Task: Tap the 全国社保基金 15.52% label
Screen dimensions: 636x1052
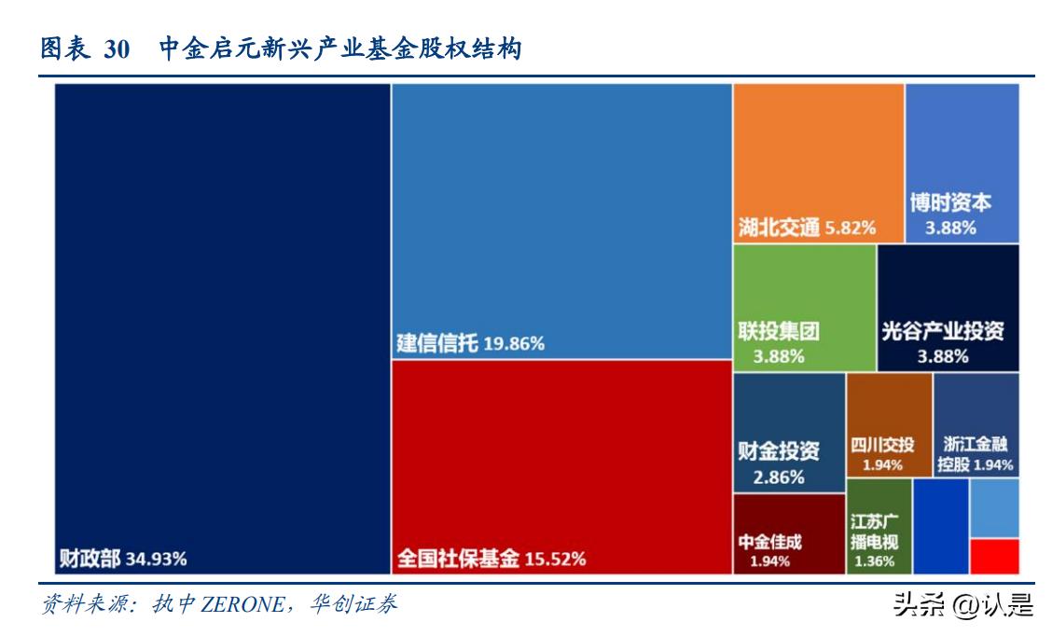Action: (491, 559)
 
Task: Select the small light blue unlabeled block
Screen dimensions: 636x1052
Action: (994, 508)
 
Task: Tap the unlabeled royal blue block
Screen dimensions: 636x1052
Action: (940, 526)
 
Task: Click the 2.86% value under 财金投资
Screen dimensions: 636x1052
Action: (779, 478)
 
